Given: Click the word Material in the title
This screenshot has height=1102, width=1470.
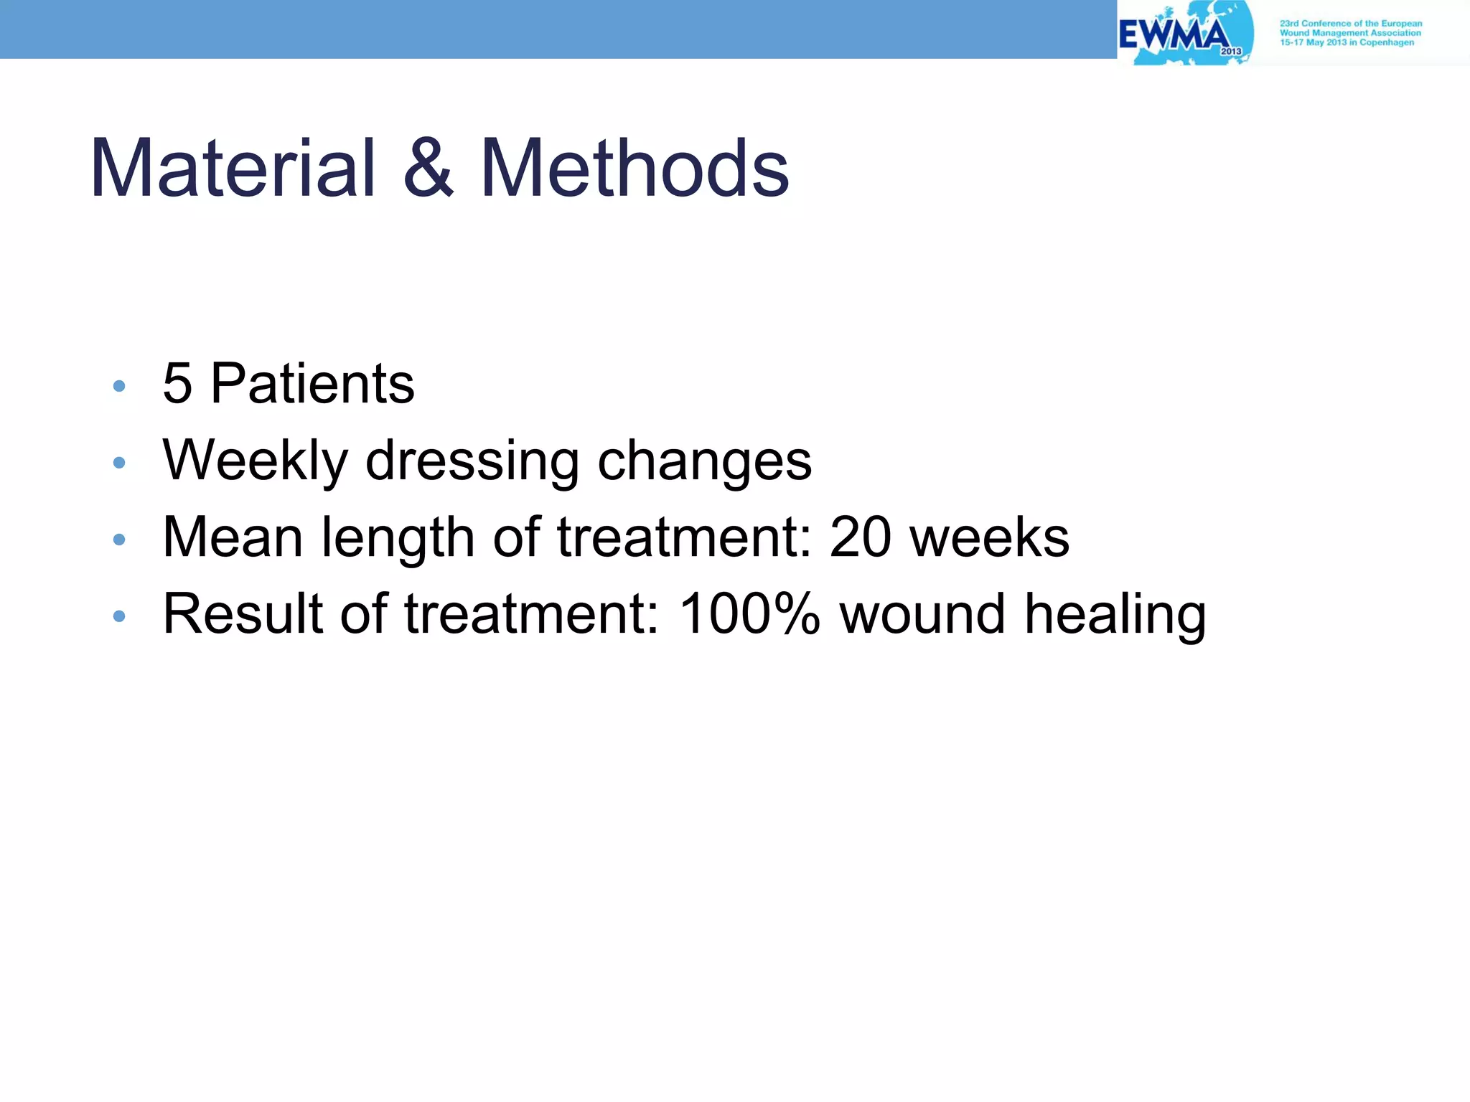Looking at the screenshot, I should pos(233,169).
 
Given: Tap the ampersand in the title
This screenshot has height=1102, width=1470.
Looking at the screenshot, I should pos(429,169).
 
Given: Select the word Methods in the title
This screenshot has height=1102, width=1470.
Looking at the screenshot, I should pos(635,169).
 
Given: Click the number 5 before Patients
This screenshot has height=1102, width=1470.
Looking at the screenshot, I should pos(178,384).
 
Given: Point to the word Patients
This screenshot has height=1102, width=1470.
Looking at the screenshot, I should pos(312,384).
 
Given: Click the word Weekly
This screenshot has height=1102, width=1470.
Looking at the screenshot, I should pos(256,461).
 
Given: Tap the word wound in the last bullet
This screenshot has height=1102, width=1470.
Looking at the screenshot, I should pos(922,615).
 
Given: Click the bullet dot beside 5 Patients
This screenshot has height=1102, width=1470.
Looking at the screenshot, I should pos(119,386).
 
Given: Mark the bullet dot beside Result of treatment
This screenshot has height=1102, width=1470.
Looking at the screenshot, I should pos(119,616).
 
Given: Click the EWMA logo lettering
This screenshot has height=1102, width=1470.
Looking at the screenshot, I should pos(1173,35).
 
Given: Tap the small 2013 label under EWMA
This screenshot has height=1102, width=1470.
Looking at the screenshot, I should pos(1231,51).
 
